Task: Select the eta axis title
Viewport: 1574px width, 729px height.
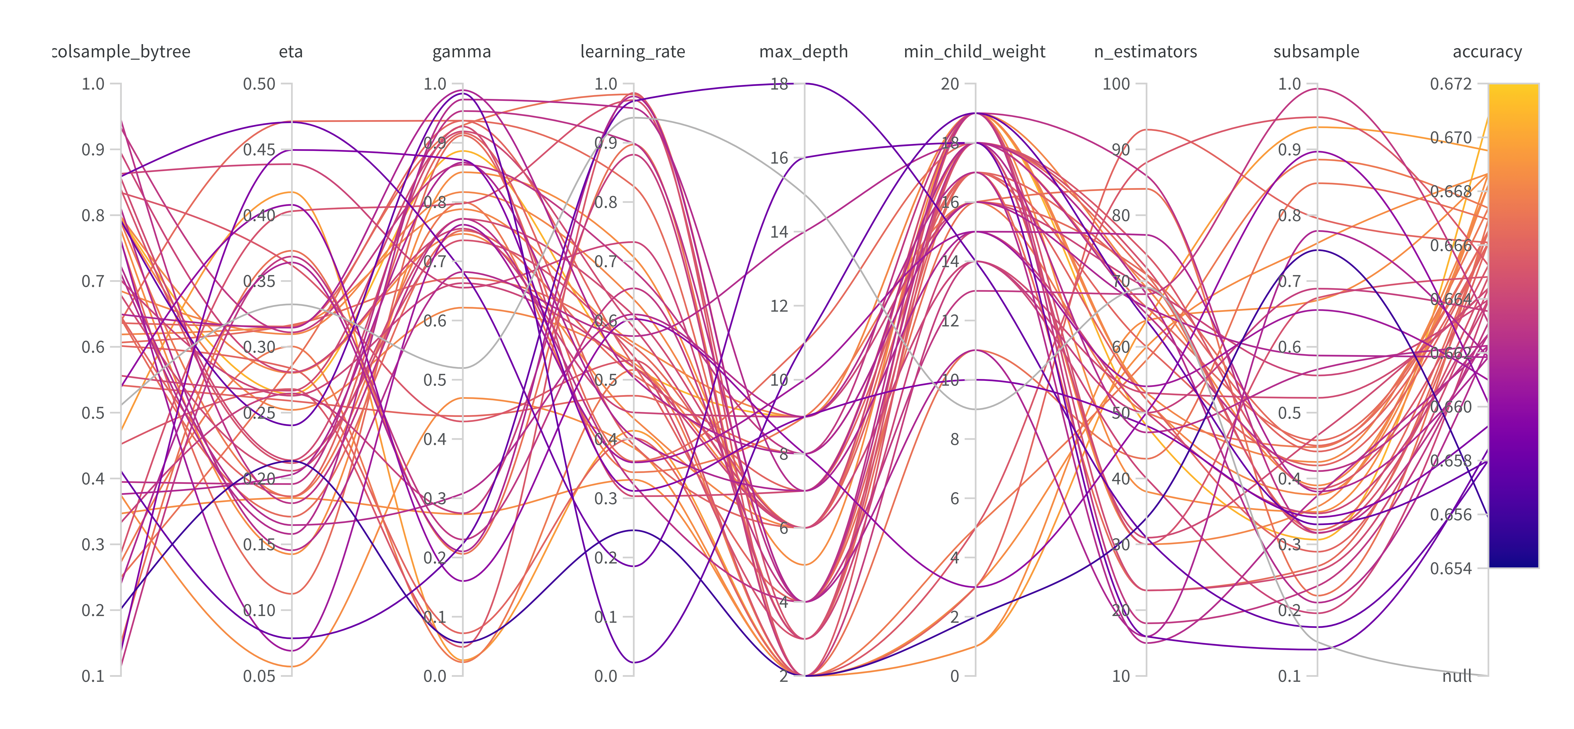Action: pos(291,52)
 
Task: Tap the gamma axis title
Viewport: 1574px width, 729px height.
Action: pos(462,52)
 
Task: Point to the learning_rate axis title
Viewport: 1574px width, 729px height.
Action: pos(633,52)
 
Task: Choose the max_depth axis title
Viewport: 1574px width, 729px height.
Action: pos(803,52)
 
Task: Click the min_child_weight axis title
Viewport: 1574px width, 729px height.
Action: pos(975,52)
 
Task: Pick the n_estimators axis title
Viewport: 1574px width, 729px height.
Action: pos(1146,52)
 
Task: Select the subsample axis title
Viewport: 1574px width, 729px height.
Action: pos(1316,52)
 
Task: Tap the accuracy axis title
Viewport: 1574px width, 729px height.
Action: pos(1487,52)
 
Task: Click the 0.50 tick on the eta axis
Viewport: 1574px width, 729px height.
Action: pos(260,84)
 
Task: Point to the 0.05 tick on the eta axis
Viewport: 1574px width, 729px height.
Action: pos(260,676)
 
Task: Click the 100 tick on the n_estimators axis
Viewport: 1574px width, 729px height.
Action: pos(1116,84)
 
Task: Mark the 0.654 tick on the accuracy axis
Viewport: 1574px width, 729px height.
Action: pos(1451,568)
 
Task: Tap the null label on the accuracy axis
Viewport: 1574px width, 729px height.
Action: pos(1457,676)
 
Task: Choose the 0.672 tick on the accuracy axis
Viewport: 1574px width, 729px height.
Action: pos(1451,84)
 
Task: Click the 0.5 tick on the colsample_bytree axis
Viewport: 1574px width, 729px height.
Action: pos(93,413)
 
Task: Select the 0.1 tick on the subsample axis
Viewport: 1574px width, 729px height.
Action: pos(1290,676)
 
